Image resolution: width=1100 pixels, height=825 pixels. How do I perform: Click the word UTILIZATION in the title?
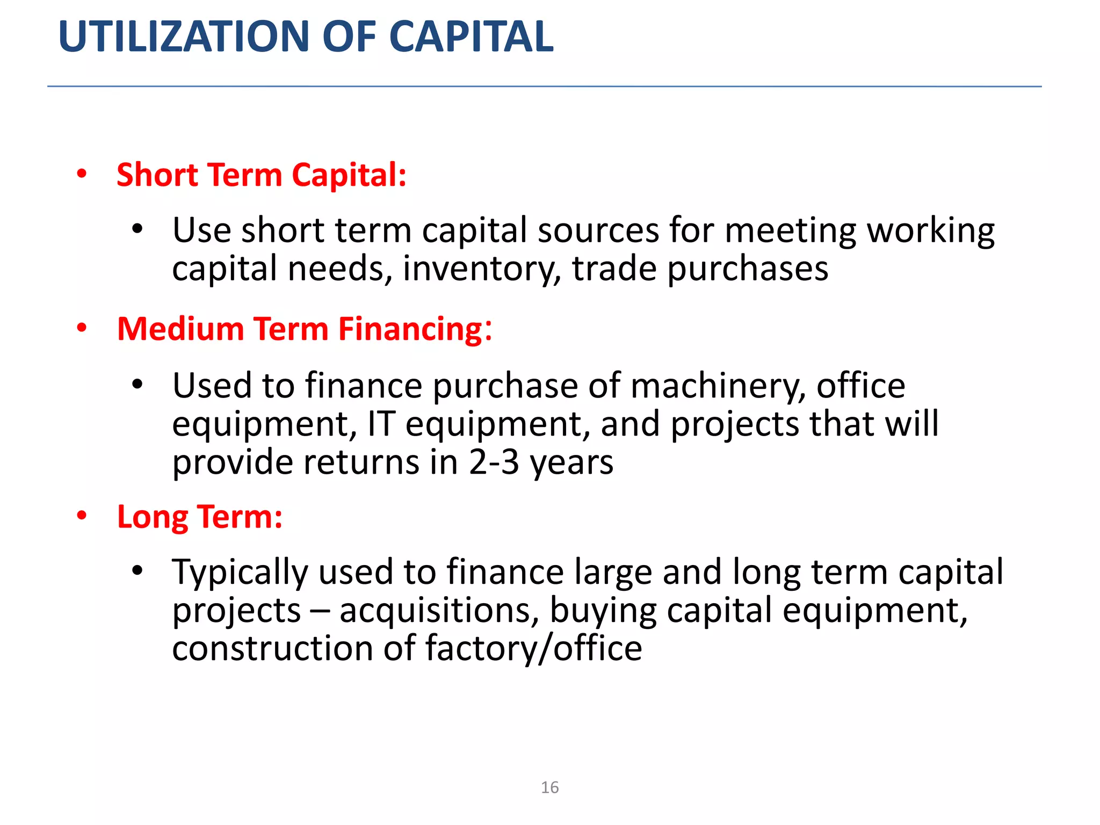coord(185,37)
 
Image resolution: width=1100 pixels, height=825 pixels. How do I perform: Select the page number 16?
coord(549,787)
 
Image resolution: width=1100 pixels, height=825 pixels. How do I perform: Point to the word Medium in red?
coord(180,329)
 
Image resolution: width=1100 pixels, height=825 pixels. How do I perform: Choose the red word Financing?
coord(411,330)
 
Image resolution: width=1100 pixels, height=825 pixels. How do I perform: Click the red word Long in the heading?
coord(153,518)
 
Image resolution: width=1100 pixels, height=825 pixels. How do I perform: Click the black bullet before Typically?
coord(137,570)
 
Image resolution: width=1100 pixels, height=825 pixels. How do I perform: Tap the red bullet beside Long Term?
coord(82,516)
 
